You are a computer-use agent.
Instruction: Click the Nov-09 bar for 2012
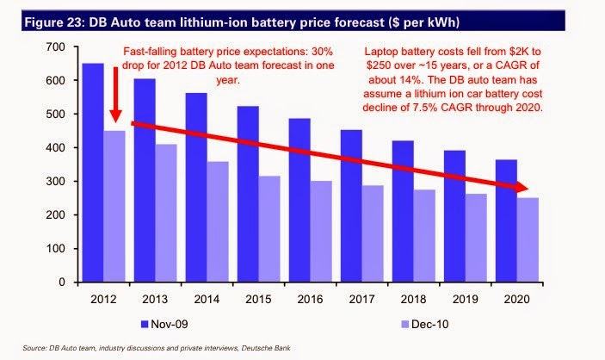[92, 172]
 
